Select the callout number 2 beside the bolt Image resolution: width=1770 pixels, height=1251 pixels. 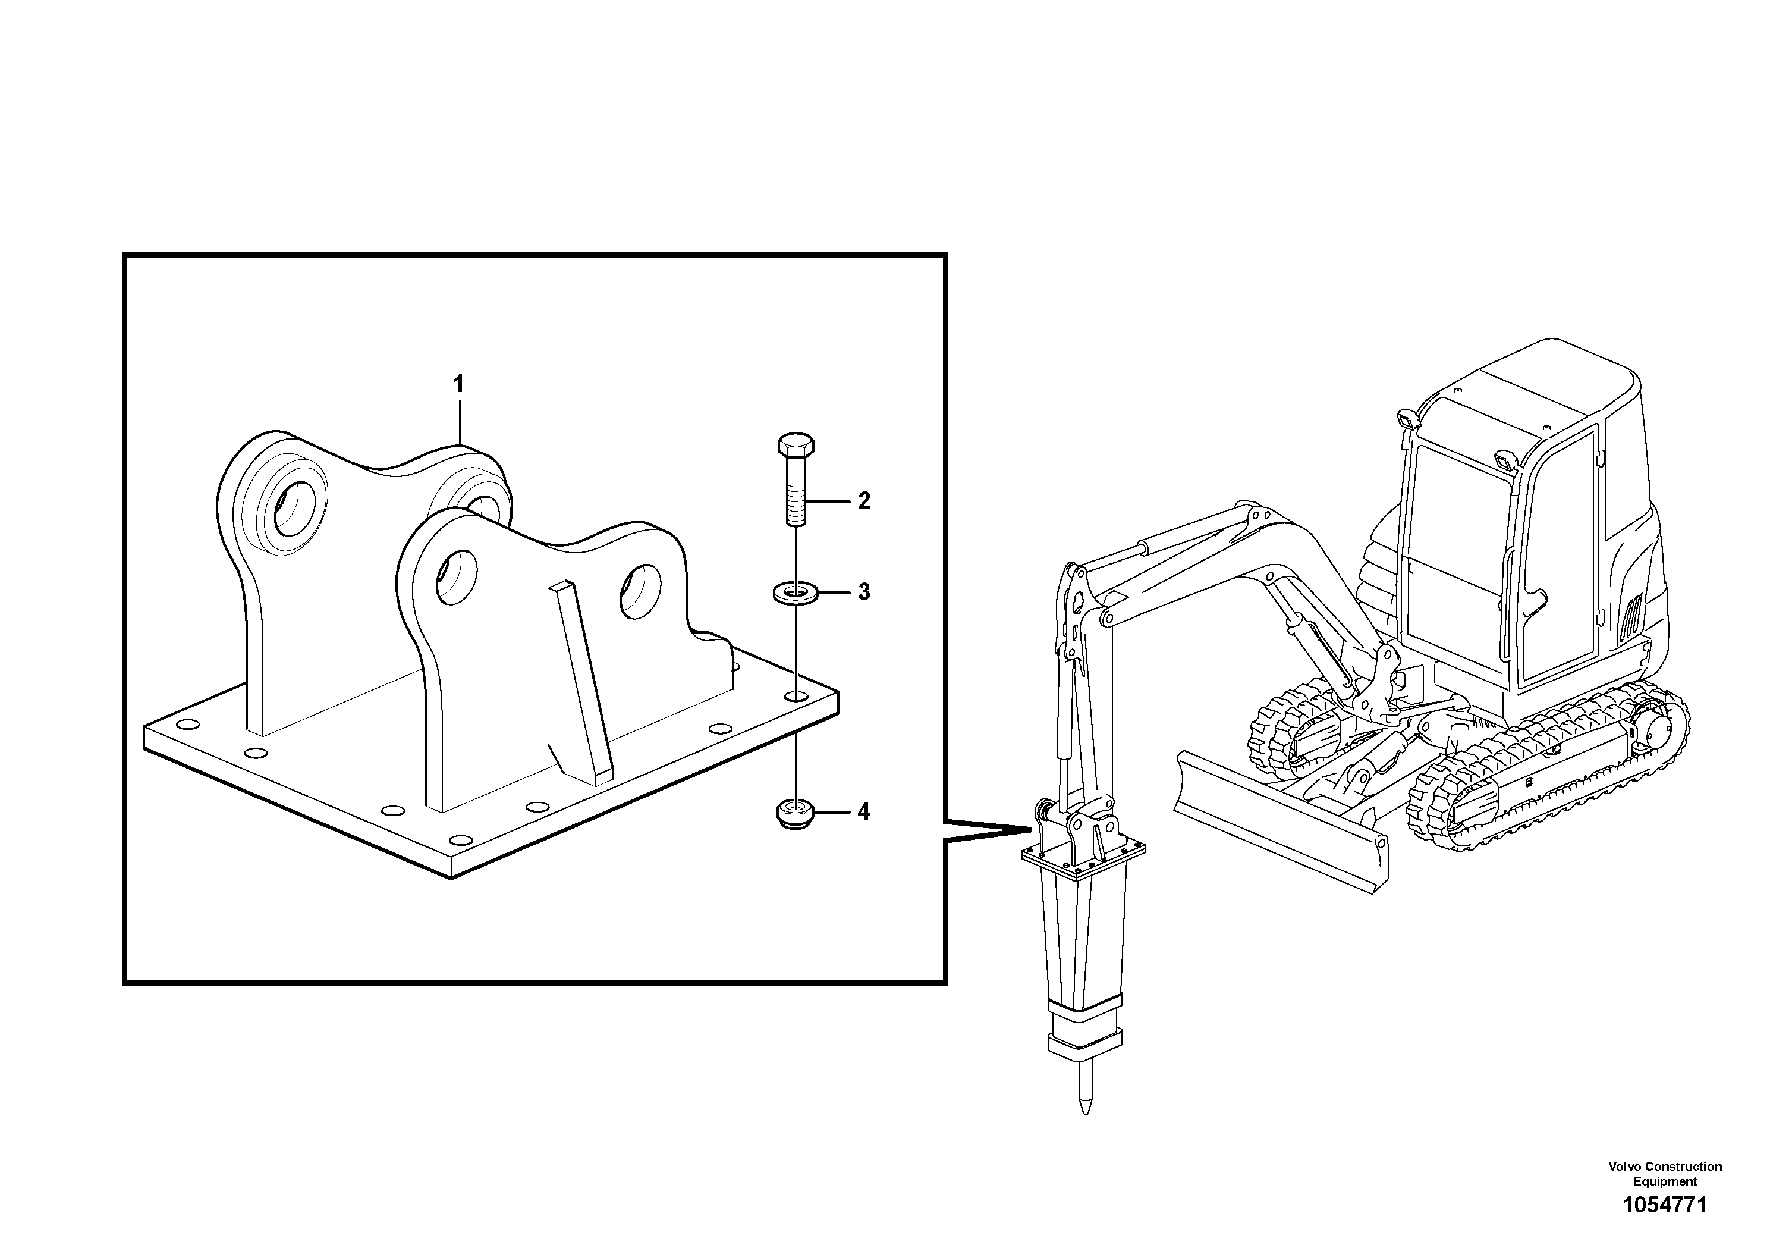click(863, 501)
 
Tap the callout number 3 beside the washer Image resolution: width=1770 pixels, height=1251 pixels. click(863, 592)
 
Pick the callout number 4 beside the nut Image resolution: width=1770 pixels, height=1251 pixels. click(863, 811)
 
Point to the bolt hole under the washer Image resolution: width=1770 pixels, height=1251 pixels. click(796, 697)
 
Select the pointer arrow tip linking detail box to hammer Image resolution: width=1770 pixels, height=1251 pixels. click(1030, 830)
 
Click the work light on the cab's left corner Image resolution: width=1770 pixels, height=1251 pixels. click(1406, 421)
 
